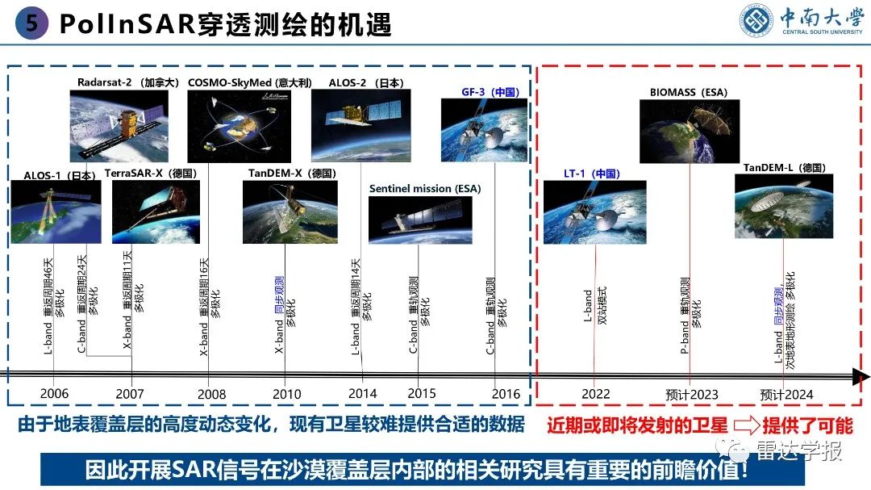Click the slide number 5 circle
tap(31, 23)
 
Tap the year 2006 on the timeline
tap(53, 394)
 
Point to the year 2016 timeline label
tap(506, 394)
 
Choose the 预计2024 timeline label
tap(786, 395)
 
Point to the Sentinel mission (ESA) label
tap(424, 188)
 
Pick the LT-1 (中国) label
tap(591, 173)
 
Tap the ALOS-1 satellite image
tap(56, 211)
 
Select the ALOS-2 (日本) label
tap(366, 82)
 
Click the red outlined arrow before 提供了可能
tap(753, 425)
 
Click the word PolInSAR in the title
tap(128, 24)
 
